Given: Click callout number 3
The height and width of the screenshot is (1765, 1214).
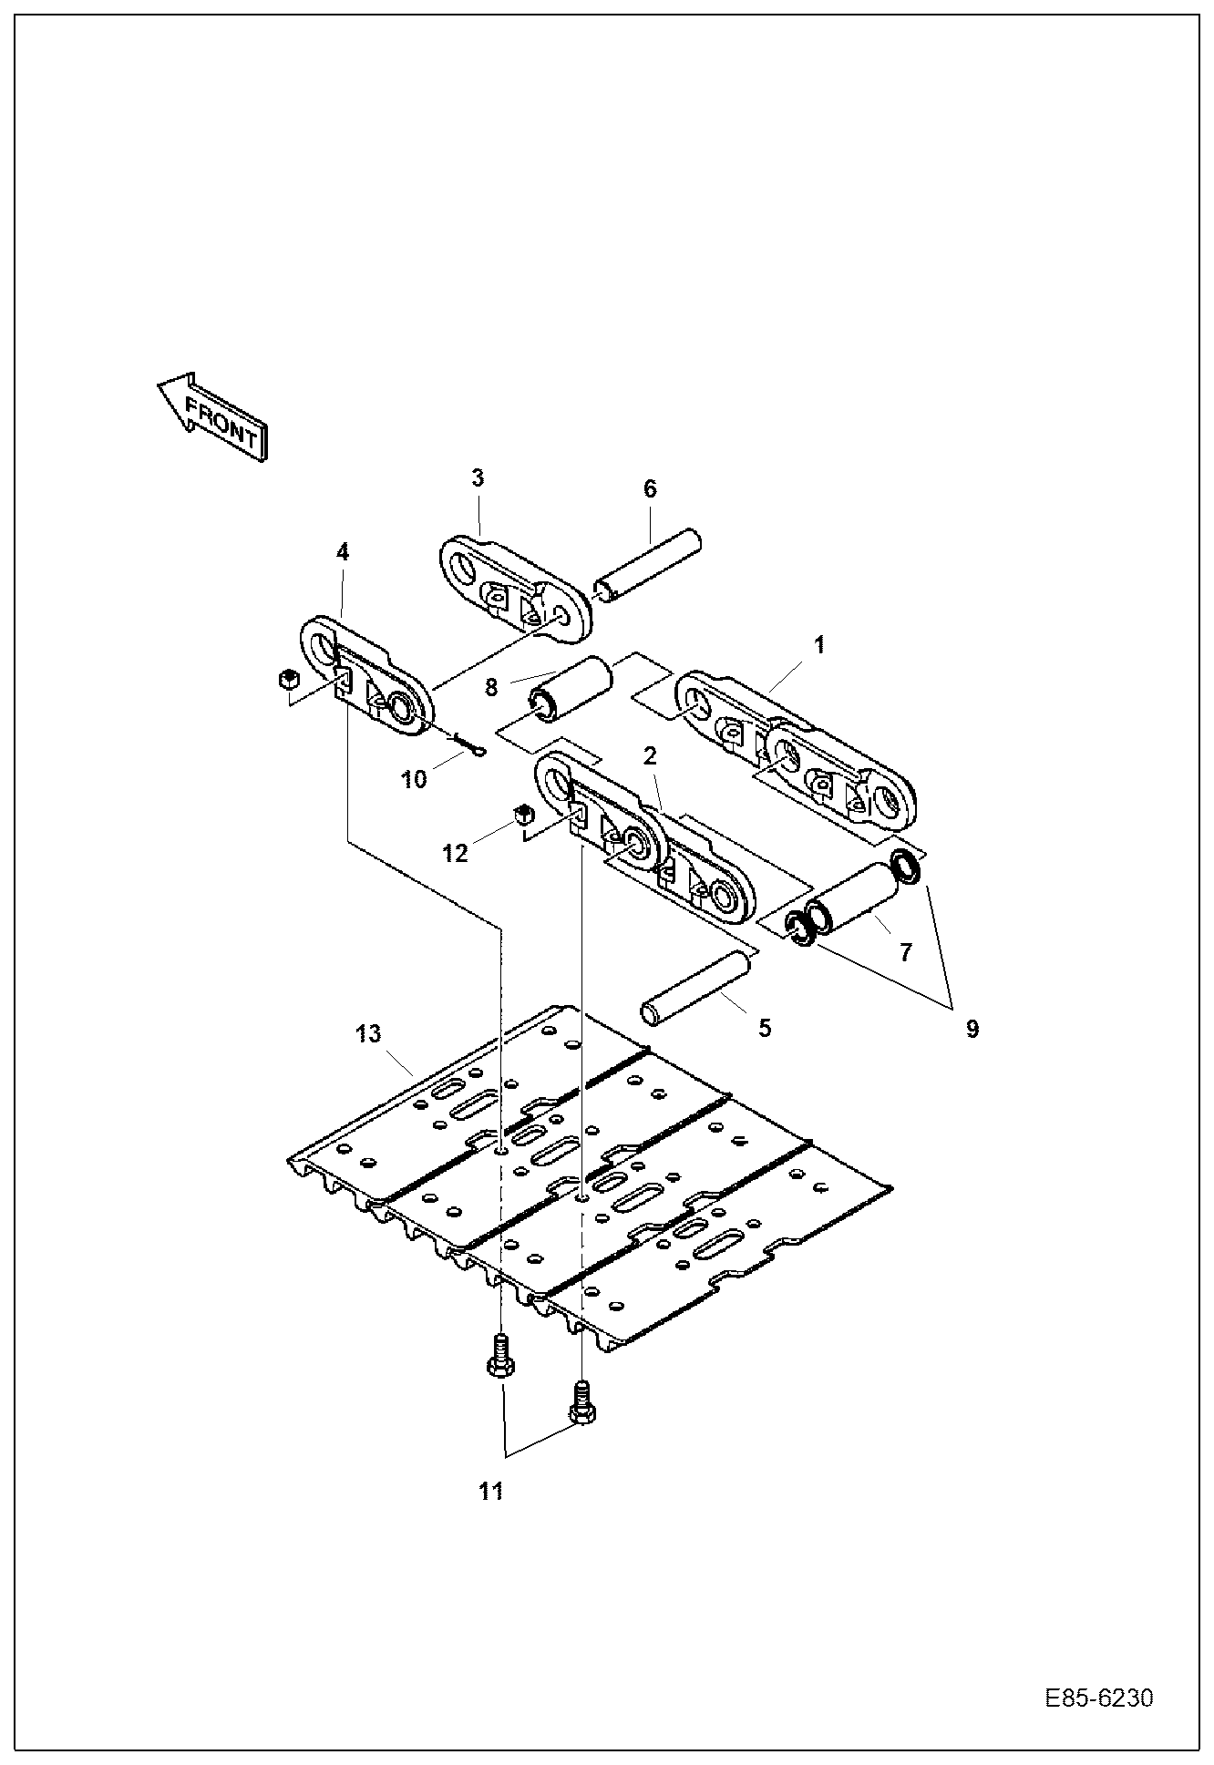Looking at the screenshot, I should click(x=478, y=478).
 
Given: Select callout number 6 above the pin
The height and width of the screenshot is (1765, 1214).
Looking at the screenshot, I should click(x=650, y=489).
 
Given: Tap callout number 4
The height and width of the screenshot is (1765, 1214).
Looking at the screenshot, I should click(x=342, y=552).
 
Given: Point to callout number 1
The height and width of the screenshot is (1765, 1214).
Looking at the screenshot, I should click(x=819, y=645).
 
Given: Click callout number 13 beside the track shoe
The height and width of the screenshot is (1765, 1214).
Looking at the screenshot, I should click(x=369, y=1034).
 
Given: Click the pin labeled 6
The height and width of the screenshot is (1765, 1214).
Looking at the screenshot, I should click(x=649, y=566).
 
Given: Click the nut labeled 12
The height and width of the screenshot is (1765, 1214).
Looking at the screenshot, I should click(x=522, y=814).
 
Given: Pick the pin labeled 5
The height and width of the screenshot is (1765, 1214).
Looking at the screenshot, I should click(x=697, y=988).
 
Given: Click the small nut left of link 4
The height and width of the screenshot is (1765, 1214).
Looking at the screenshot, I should click(x=288, y=679).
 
